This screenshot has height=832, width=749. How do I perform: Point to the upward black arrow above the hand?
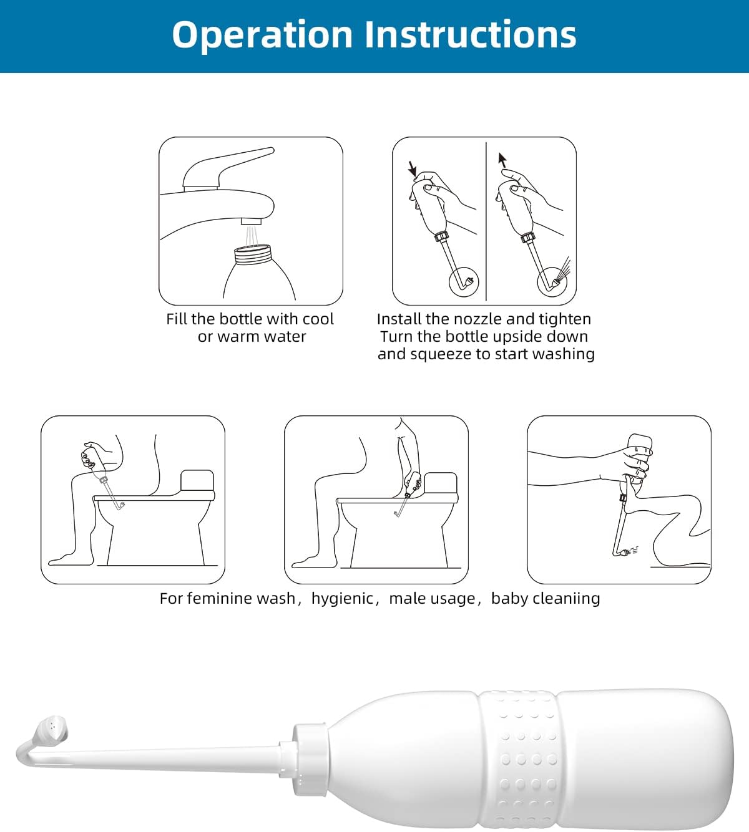502,160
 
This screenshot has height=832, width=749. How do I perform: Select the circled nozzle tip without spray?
464,282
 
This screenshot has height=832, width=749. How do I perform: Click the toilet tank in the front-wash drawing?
197,481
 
